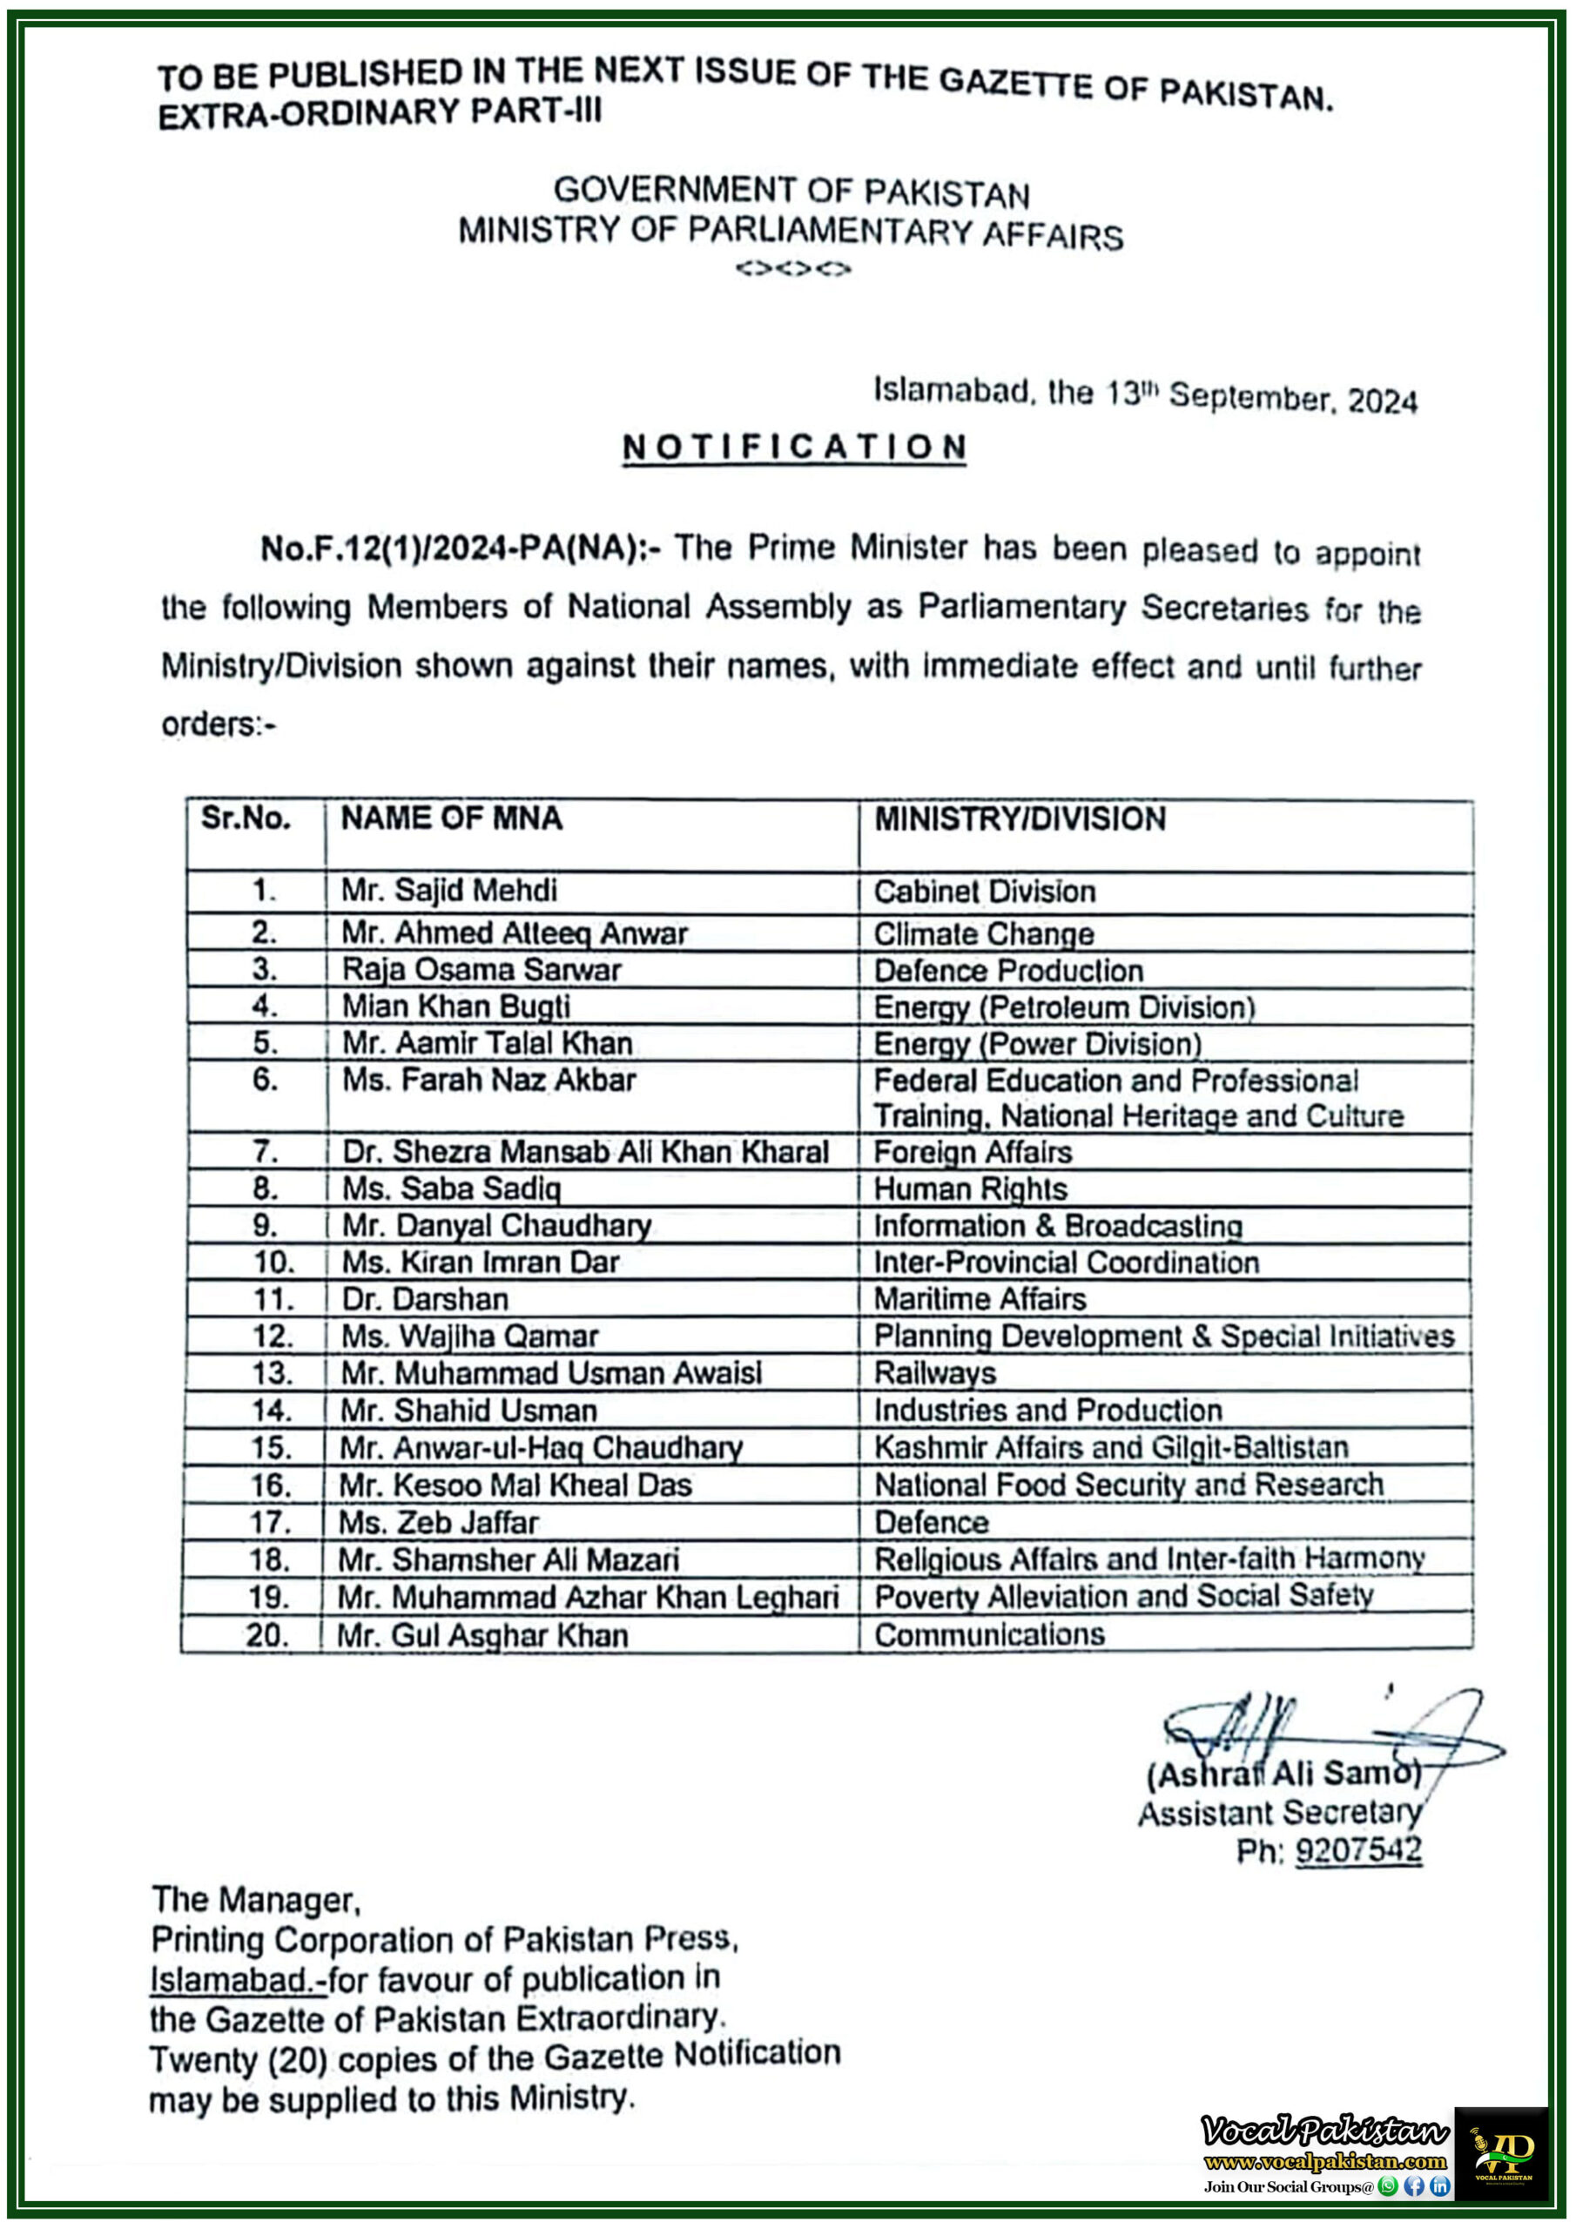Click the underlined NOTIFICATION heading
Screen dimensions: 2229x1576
[793, 448]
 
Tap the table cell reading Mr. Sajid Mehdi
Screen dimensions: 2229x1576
[448, 890]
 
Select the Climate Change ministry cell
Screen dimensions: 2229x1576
[983, 933]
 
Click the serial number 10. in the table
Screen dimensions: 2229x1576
[273, 1262]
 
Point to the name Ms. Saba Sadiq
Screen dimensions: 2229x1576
[450, 1189]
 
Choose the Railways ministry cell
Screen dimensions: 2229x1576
[934, 1373]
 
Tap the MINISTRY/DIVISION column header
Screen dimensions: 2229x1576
[1020, 818]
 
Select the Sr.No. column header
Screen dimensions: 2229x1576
[246, 818]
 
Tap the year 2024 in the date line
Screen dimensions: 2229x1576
[1383, 400]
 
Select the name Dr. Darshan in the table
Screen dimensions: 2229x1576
[424, 1299]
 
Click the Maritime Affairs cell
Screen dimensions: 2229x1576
[979, 1299]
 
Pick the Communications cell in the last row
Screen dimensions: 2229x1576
[988, 1635]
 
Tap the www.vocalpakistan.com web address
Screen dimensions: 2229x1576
[1324, 2161]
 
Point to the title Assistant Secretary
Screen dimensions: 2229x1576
[1279, 1813]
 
